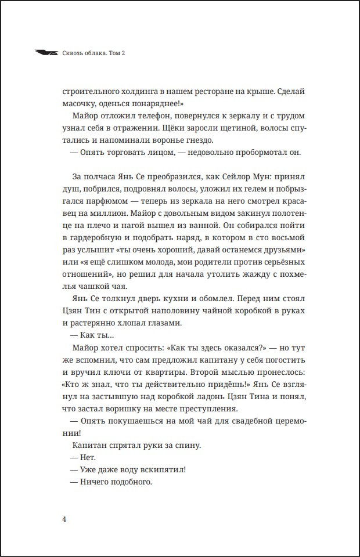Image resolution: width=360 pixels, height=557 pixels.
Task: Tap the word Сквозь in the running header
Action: [x=73, y=53]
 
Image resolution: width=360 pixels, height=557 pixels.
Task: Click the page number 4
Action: [x=64, y=519]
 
